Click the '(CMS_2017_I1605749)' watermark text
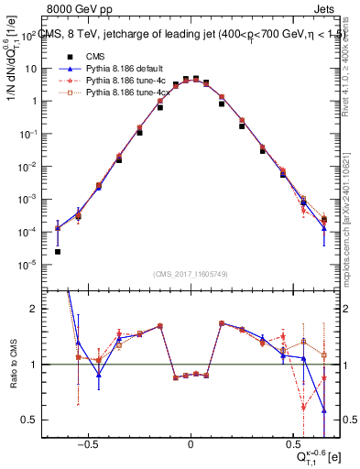[x=191, y=275]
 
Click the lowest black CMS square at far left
[x=58, y=252]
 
